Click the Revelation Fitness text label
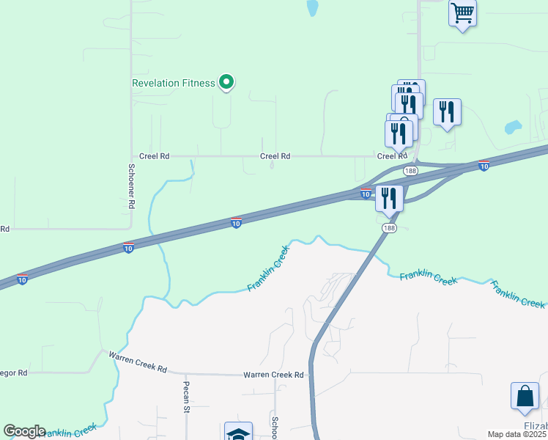pyautogui.click(x=173, y=83)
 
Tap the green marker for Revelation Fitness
pyautogui.click(x=226, y=83)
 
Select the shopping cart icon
pyautogui.click(x=462, y=12)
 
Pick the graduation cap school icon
pyautogui.click(x=238, y=433)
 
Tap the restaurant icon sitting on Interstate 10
pyautogui.click(x=389, y=198)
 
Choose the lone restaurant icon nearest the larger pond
pyautogui.click(x=447, y=112)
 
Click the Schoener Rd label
pyautogui.click(x=131, y=186)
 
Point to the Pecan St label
pyautogui.click(x=187, y=396)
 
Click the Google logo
pyautogui.click(x=24, y=431)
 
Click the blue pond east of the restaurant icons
pyautogui.click(x=512, y=127)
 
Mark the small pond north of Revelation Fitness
pyautogui.click(x=313, y=8)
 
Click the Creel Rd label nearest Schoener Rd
pyautogui.click(x=154, y=156)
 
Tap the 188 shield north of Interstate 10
pyautogui.click(x=410, y=171)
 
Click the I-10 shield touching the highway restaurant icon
pyautogui.click(x=366, y=194)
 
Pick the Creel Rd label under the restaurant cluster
pyautogui.click(x=391, y=156)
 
